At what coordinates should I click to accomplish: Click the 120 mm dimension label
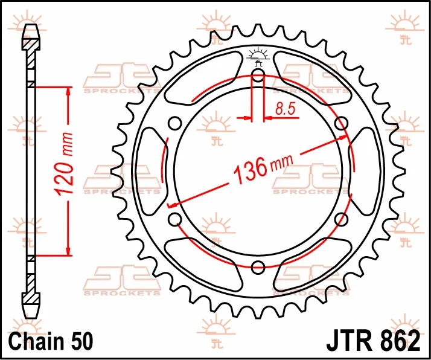65,164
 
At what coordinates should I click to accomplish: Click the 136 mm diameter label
263,168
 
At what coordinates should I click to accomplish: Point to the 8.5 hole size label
286,108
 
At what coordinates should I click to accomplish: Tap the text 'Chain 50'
51,341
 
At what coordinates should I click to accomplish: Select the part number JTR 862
373,341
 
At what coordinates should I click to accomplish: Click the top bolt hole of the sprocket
258,75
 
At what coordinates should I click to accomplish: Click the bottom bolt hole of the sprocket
258,267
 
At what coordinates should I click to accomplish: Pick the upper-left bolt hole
174,123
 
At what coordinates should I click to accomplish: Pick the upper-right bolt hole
342,123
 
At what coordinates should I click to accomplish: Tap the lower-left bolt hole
174,219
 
